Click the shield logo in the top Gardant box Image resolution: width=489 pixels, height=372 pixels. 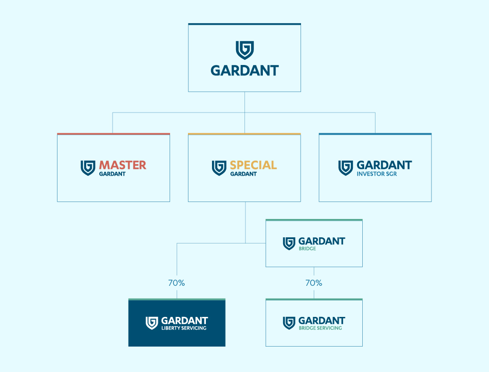click(x=245, y=50)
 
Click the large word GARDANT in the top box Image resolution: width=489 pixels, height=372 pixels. click(x=245, y=71)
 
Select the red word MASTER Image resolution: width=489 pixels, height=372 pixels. click(x=122, y=165)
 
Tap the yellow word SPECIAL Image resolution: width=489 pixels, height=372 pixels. click(x=253, y=165)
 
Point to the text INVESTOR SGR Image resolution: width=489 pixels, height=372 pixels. click(x=377, y=174)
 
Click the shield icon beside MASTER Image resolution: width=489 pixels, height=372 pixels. click(x=88, y=168)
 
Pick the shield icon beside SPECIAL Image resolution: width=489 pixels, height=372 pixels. click(x=219, y=168)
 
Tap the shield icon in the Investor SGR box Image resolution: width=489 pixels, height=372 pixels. click(x=345, y=168)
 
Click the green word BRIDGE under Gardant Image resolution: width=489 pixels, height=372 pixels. click(x=307, y=249)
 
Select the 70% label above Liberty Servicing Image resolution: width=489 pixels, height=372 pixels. click(x=177, y=283)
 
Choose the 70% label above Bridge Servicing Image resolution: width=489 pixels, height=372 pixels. click(x=314, y=283)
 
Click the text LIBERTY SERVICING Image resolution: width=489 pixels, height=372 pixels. click(x=184, y=328)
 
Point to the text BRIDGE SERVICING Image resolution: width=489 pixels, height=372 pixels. click(x=320, y=328)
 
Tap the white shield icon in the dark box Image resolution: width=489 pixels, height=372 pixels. click(x=152, y=323)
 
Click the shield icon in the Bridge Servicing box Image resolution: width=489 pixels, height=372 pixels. click(x=289, y=323)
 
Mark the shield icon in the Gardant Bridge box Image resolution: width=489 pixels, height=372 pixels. click(x=289, y=243)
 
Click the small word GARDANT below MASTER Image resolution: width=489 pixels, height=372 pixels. click(x=112, y=174)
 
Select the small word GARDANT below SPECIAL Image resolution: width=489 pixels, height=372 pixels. click(x=244, y=174)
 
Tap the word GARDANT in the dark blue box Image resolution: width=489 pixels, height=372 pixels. click(x=185, y=321)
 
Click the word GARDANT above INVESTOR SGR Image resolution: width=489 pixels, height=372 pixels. click(x=384, y=165)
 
